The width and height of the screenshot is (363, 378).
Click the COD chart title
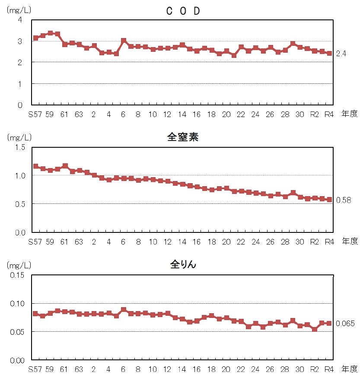(x=183, y=12)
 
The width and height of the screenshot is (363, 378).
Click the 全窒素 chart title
(x=183, y=137)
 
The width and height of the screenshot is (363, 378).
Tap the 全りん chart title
(x=183, y=264)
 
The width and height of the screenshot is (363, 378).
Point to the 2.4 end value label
(x=341, y=54)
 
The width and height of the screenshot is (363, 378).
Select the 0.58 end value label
(x=344, y=200)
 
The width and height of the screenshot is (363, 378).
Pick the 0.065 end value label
(x=345, y=324)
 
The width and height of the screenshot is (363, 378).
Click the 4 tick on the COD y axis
(x=20, y=20)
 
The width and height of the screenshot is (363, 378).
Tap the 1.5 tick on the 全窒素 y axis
(x=19, y=147)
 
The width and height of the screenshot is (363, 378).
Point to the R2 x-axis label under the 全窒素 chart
(x=315, y=241)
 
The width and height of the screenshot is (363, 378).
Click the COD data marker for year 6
(x=124, y=41)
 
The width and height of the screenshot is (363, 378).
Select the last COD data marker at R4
(x=329, y=54)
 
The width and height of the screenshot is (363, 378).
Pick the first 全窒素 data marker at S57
(x=35, y=166)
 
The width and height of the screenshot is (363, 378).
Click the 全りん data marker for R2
(x=315, y=329)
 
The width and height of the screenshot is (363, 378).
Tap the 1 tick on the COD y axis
(x=20, y=83)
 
